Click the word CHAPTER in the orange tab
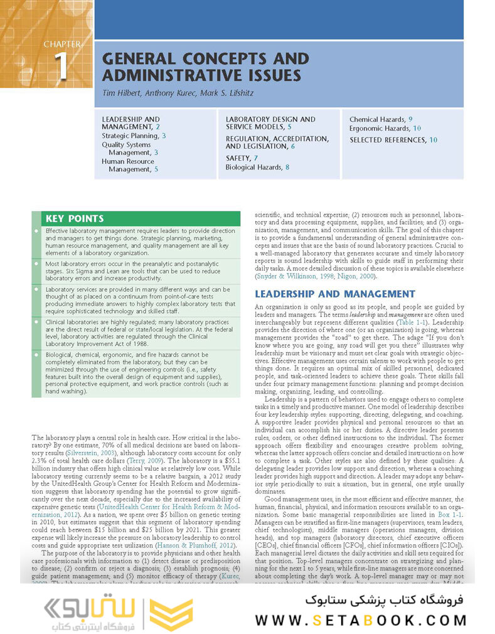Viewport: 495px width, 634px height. click(x=62, y=45)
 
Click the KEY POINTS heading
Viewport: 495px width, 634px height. click(x=74, y=219)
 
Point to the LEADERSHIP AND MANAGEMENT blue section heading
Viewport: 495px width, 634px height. click(x=334, y=294)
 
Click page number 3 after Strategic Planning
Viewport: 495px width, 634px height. click(x=164, y=136)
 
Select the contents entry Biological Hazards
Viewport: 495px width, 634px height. click(x=253, y=168)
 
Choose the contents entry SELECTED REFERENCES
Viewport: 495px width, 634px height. click(x=388, y=140)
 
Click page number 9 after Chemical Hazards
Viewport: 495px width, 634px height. click(x=410, y=119)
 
